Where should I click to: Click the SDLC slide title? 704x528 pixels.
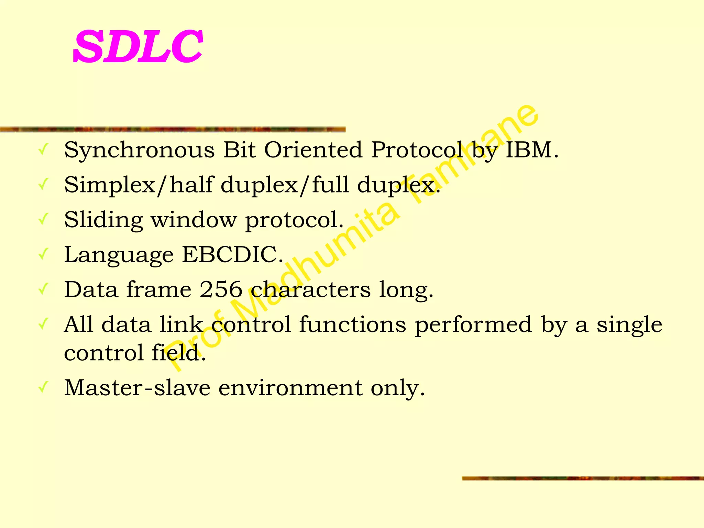click(x=137, y=46)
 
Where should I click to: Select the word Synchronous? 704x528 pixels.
click(x=139, y=151)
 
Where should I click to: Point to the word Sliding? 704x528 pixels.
click(x=103, y=220)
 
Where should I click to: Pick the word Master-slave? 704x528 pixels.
click(x=137, y=387)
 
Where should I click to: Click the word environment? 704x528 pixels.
click(x=290, y=387)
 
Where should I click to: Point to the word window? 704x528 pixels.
click(x=194, y=220)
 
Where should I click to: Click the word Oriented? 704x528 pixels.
click(x=313, y=150)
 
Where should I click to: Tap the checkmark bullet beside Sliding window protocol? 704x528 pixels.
click(x=43, y=219)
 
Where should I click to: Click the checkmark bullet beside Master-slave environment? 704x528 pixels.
click(x=43, y=387)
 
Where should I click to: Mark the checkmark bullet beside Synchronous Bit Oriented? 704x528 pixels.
click(x=43, y=150)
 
